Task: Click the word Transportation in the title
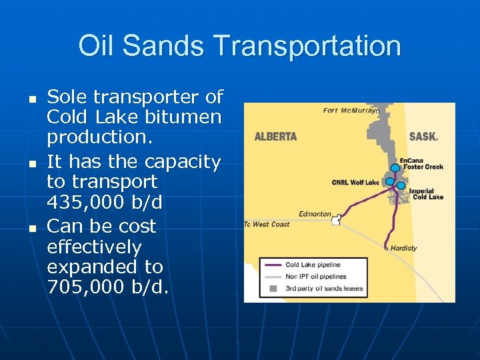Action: (309, 46)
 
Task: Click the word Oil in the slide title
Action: (94, 46)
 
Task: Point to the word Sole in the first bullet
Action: (67, 97)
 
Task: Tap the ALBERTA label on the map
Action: (275, 137)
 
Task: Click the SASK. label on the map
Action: (423, 137)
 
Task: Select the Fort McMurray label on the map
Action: (351, 110)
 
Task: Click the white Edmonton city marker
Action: (336, 221)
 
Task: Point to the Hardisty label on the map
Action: (403, 248)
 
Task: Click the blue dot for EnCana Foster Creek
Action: (395, 167)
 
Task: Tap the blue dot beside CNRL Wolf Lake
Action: (389, 181)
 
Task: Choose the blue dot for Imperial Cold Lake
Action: (401, 185)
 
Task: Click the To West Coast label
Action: (267, 225)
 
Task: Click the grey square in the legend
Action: (272, 288)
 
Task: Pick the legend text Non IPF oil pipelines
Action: (315, 276)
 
